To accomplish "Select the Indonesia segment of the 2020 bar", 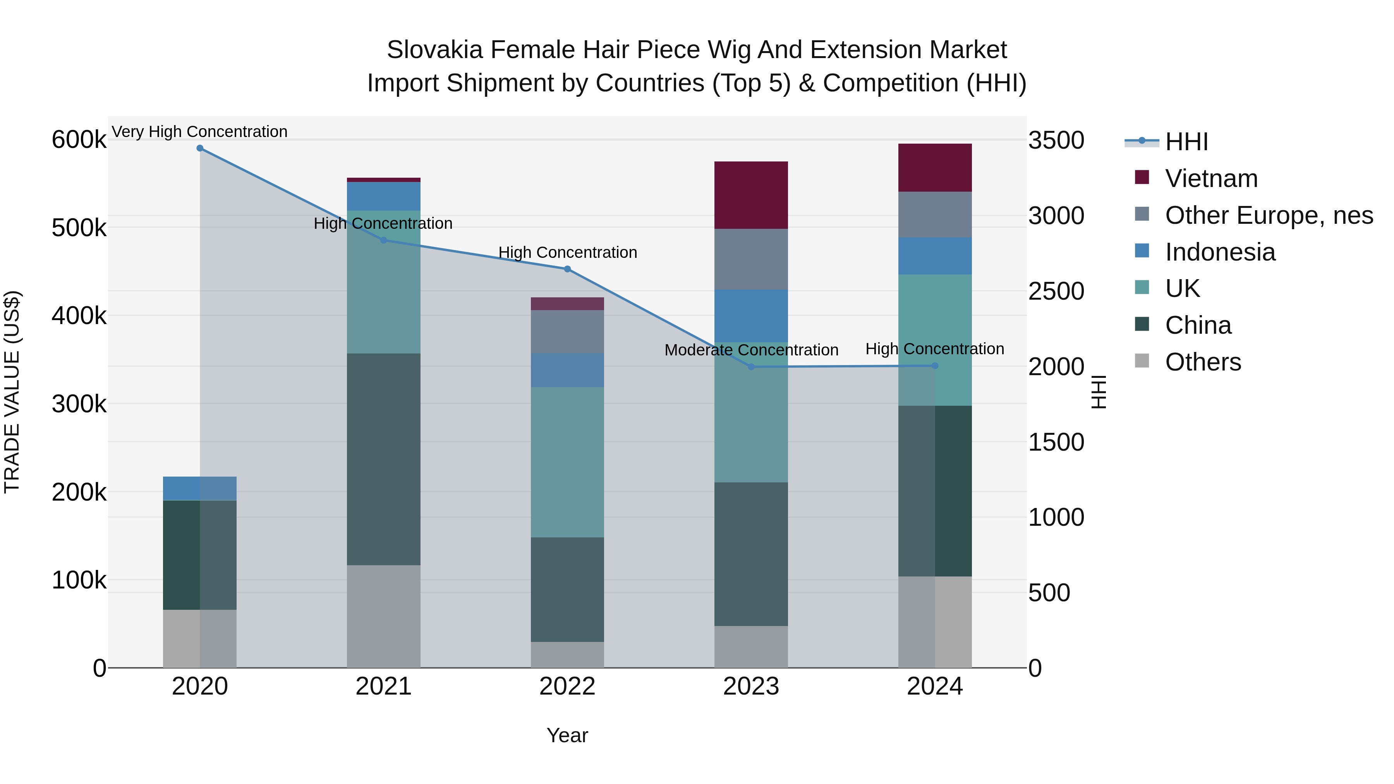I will point(200,488).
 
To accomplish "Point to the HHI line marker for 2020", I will point(200,148).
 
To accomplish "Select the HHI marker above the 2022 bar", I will point(567,269).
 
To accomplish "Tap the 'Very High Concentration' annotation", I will point(200,132).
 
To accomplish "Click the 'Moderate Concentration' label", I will point(751,350).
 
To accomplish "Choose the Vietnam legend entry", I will point(1211,178).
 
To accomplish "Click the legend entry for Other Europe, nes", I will point(1269,215).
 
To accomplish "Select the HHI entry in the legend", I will point(1186,142).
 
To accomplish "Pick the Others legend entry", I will point(1202,362).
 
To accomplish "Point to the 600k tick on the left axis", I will point(79,140).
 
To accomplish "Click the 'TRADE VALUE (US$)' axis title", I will point(12,392).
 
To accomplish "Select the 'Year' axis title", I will point(567,735).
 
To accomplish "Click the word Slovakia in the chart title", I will point(434,50).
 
